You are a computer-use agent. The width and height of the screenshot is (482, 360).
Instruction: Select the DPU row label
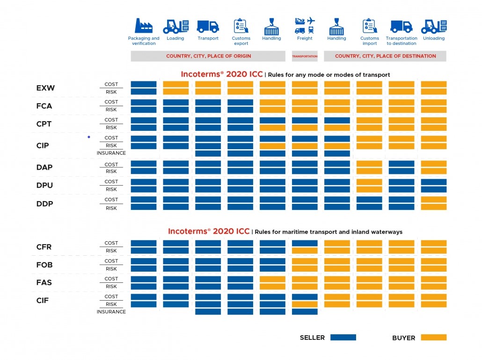pyautogui.click(x=44, y=185)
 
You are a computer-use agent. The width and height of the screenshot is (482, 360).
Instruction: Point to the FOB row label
pyautogui.click(x=44, y=265)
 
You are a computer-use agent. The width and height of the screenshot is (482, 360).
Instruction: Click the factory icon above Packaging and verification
pyautogui.click(x=144, y=26)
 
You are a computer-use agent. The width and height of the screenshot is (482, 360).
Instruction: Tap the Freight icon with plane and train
pyautogui.click(x=305, y=26)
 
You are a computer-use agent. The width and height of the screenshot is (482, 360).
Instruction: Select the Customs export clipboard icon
pyautogui.click(x=241, y=26)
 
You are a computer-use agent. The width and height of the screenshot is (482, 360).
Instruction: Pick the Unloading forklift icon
pyautogui.click(x=434, y=26)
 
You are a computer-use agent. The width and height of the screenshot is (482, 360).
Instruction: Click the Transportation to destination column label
pyautogui.click(x=402, y=41)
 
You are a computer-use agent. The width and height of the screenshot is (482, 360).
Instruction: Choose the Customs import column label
pyautogui.click(x=369, y=41)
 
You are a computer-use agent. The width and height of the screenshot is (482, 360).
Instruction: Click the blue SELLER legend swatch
pyautogui.click(x=343, y=337)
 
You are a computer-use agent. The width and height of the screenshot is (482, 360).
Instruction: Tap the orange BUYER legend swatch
pyautogui.click(x=433, y=337)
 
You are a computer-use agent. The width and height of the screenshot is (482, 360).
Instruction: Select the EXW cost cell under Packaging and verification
pyautogui.click(x=144, y=84)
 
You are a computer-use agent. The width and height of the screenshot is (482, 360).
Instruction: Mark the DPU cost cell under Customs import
pyautogui.click(x=369, y=182)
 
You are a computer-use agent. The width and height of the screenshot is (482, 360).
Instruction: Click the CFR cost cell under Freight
pyautogui.click(x=305, y=243)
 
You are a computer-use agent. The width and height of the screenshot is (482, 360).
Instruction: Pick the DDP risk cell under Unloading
pyautogui.click(x=434, y=207)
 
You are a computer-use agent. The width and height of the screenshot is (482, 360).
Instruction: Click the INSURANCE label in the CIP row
pyautogui.click(x=111, y=153)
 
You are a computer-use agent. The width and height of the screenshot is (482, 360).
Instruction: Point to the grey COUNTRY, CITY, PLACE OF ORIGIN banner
pyautogui.click(x=208, y=56)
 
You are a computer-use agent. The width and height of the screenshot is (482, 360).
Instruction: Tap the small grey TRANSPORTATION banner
pyautogui.click(x=305, y=56)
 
